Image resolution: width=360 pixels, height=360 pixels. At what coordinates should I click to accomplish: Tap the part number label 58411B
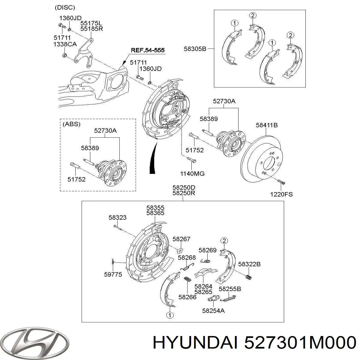click(266, 125)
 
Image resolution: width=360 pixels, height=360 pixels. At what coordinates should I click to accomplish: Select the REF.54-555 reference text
click(148, 50)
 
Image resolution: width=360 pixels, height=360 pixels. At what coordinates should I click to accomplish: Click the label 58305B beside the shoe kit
click(195, 49)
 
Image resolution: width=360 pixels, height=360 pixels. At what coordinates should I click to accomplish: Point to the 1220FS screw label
click(281, 194)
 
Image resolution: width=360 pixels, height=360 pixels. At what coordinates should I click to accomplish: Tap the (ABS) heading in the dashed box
click(71, 124)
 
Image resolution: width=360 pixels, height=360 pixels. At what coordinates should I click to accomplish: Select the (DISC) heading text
click(65, 7)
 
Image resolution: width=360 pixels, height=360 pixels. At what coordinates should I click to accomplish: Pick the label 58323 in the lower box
click(118, 217)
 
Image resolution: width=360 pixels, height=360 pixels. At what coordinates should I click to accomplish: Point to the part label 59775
click(113, 274)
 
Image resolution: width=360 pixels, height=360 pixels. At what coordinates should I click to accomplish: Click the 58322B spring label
click(249, 264)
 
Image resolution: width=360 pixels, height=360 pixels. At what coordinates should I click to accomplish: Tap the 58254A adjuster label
click(213, 311)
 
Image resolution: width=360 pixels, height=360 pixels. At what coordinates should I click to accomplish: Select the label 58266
click(187, 297)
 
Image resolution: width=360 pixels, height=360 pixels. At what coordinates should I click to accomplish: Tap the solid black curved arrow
click(153, 159)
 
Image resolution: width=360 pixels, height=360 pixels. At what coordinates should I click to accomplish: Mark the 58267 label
click(181, 239)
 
